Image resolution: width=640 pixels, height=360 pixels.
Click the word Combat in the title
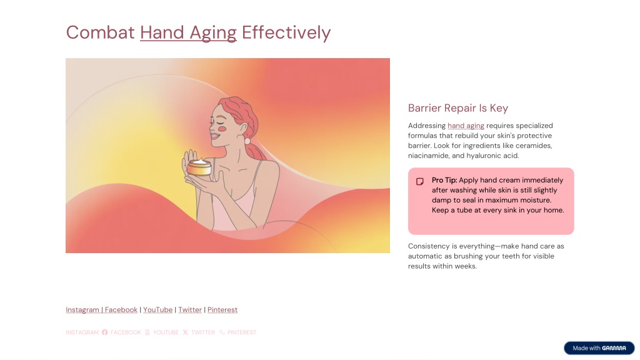tap(101, 32)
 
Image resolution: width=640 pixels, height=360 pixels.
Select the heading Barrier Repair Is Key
tap(458, 108)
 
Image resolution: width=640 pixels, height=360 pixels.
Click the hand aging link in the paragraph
tap(466, 126)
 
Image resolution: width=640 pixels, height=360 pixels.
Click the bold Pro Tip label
tap(444, 180)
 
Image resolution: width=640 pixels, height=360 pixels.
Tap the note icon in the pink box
tap(419, 181)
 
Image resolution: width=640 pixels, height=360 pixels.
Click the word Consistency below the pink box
tap(429, 246)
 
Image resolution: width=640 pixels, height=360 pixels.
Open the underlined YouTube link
tap(157, 310)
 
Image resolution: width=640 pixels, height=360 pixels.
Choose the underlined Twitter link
tap(190, 310)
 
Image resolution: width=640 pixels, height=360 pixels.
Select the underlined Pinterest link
tap(222, 310)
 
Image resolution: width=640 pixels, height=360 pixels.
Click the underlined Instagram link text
tap(82, 310)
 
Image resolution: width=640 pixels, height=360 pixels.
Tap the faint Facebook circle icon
tap(105, 332)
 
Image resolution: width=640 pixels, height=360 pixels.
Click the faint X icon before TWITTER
tap(185, 332)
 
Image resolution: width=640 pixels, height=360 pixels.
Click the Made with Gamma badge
tap(599, 348)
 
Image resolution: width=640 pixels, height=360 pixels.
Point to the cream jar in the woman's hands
tap(199, 167)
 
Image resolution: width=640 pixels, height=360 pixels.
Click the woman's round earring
tap(247, 141)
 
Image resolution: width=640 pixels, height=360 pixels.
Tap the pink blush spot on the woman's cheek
tap(222, 129)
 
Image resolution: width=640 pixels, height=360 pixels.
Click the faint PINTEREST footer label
tap(242, 332)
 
